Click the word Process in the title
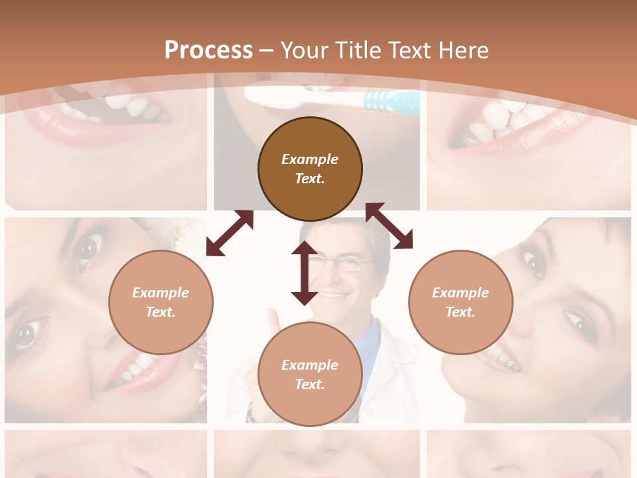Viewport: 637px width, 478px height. (208, 50)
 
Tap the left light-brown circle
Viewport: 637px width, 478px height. (161, 302)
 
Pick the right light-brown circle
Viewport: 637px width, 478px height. (460, 302)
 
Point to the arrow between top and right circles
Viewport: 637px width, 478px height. (389, 226)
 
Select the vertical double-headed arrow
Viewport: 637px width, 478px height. (305, 273)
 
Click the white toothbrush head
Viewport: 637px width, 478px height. (279, 96)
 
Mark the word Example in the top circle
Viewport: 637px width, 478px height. (310, 159)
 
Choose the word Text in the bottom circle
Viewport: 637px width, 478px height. (310, 384)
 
